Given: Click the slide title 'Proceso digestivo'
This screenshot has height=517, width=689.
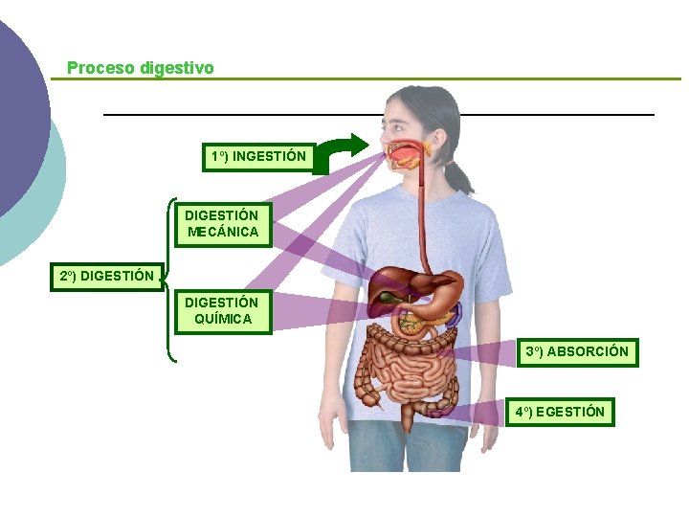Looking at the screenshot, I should pyautogui.click(x=141, y=69).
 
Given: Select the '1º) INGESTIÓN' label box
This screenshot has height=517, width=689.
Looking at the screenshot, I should pyautogui.click(x=258, y=155).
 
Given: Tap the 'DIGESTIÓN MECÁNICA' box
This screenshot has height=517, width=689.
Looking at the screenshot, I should pyautogui.click(x=221, y=223).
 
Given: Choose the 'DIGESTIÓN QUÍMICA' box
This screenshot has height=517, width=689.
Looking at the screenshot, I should pyautogui.click(x=221, y=310).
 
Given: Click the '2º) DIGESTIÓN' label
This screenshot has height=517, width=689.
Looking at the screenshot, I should pyautogui.click(x=106, y=276).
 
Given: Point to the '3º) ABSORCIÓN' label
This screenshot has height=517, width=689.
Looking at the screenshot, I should pyautogui.click(x=577, y=351).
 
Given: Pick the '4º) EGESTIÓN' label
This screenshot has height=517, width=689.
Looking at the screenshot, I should pyautogui.click(x=560, y=413).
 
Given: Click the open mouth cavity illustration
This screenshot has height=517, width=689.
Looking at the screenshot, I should pyautogui.click(x=406, y=153).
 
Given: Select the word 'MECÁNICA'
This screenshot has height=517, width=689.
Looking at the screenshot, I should pyautogui.click(x=221, y=232).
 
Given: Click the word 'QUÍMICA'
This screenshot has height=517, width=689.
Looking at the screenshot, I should pyautogui.click(x=221, y=319).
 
